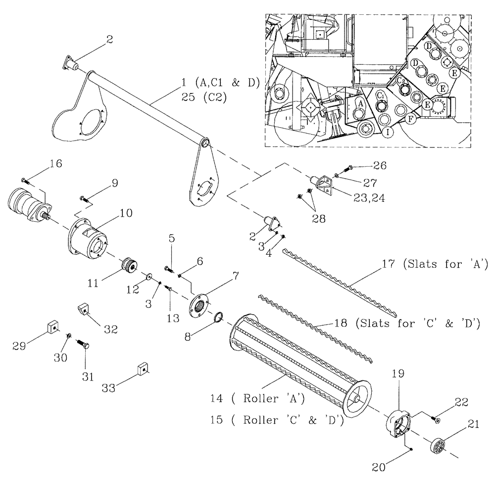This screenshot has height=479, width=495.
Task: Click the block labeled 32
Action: (84, 310)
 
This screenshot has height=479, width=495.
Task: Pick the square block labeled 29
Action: (51, 327)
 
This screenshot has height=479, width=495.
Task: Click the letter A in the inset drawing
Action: (360, 104)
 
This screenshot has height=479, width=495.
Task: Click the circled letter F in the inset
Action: (409, 119)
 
